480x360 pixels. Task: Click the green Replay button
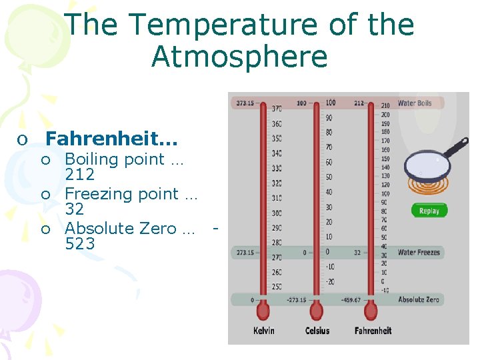click(429, 211)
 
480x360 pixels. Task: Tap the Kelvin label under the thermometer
click(264, 331)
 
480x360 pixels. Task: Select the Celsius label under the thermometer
click(317, 331)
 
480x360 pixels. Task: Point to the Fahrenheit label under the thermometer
click(373, 331)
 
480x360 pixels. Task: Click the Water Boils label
click(415, 103)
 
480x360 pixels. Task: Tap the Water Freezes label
click(419, 253)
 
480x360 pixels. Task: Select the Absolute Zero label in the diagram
click(419, 300)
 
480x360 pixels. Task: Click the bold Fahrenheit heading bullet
click(112, 139)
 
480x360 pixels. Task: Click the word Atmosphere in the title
click(239, 57)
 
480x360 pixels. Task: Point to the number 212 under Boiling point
click(80, 175)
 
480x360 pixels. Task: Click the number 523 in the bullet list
click(80, 244)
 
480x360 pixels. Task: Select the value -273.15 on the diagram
click(296, 300)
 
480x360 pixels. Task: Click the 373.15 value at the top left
click(245, 103)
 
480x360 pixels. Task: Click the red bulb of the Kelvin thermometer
click(263, 311)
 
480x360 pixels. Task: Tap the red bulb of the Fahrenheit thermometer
click(371, 311)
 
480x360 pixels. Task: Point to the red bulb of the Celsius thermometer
click(317, 311)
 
